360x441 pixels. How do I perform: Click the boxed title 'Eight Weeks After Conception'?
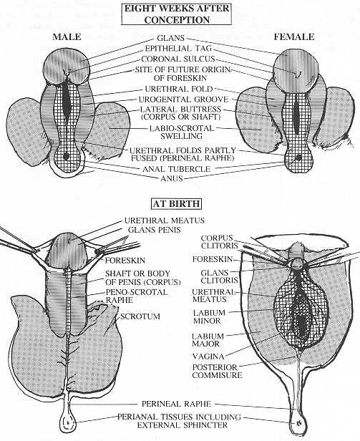(177, 14)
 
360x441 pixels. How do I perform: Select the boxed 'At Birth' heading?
(177, 204)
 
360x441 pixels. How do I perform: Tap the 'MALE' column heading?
(67, 37)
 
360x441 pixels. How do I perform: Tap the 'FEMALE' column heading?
(294, 37)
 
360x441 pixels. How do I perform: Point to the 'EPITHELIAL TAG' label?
(178, 49)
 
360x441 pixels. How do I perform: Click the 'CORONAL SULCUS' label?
(178, 59)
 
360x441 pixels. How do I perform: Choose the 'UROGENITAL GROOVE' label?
(183, 100)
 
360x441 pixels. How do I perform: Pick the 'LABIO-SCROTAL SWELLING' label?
(181, 132)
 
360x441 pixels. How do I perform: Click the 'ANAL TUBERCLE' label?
(176, 169)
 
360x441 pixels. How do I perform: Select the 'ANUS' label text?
(172, 178)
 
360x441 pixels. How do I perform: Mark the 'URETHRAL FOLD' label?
(179, 89)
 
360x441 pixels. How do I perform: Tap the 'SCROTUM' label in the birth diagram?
(140, 316)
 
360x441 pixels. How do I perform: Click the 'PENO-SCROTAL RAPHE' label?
(137, 296)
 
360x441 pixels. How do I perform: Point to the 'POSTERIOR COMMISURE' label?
(217, 372)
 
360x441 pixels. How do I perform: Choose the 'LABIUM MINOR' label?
(209, 316)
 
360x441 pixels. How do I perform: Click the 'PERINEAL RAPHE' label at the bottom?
(176, 404)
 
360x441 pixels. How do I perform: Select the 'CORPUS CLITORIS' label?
(220, 242)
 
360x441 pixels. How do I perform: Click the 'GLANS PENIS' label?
(154, 230)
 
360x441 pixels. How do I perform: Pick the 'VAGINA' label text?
(208, 357)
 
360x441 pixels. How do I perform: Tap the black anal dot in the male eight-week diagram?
(66, 156)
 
